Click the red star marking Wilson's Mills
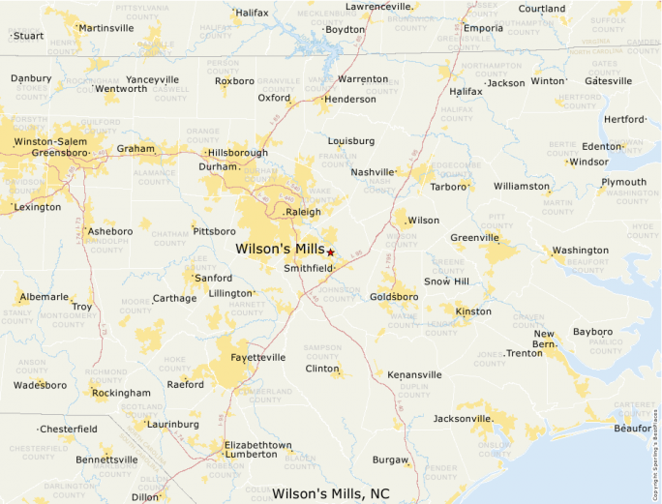pyautogui.click(x=330, y=252)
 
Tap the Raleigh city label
pyautogui.click(x=303, y=211)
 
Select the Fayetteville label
pyautogui.click(x=258, y=357)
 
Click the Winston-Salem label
pyautogui.click(x=51, y=142)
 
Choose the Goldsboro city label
pyautogui.click(x=394, y=297)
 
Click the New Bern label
pyautogui.click(x=544, y=340)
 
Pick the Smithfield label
pyautogui.click(x=308, y=268)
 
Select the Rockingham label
pyautogui.click(x=122, y=393)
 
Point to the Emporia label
pyautogui.click(x=484, y=28)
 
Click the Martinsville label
pyautogui.click(x=106, y=28)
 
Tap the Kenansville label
pyautogui.click(x=414, y=374)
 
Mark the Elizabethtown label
pyautogui.click(x=257, y=445)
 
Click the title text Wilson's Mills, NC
pyautogui.click(x=331, y=493)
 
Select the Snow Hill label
pyautogui.click(x=446, y=282)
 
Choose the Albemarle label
pyautogui.click(x=45, y=297)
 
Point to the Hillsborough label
pyautogui.click(x=238, y=153)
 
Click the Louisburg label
pyautogui.click(x=351, y=140)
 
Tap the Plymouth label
pyautogui.click(x=623, y=182)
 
